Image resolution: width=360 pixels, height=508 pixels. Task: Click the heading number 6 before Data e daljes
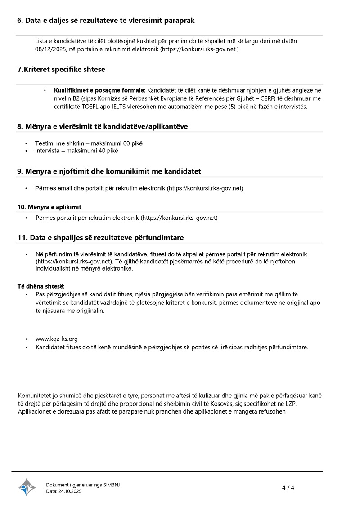click(x=20, y=20)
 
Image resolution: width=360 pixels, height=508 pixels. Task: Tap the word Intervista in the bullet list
click(x=47, y=151)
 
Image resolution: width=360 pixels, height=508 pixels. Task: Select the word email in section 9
click(x=65, y=188)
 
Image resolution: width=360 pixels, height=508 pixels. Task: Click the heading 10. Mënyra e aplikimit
click(x=49, y=207)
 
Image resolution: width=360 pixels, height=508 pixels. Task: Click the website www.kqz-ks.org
click(x=57, y=339)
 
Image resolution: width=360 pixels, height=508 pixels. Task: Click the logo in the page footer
click(x=27, y=487)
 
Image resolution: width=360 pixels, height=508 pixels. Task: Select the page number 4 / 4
click(x=288, y=488)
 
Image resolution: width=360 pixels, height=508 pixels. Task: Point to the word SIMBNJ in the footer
click(x=112, y=485)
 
